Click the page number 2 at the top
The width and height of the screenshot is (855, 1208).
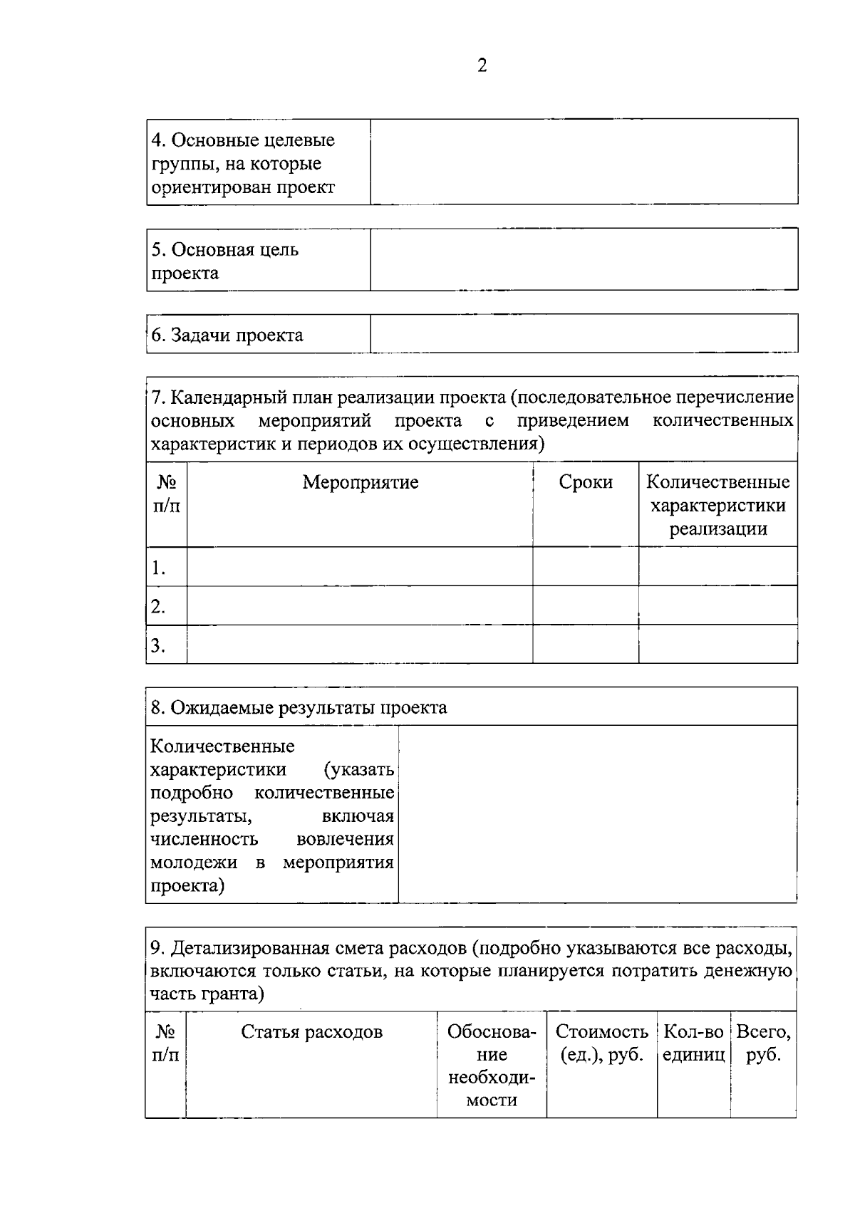tap(482, 66)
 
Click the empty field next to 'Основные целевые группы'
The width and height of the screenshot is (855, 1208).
tap(584, 162)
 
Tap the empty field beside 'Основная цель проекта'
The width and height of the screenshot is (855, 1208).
tap(584, 259)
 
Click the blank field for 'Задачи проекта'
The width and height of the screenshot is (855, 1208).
tap(584, 333)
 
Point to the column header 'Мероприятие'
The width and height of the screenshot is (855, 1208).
tap(360, 482)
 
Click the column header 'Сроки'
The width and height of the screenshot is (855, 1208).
tap(586, 482)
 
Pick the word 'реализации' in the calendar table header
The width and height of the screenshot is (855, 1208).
tap(717, 529)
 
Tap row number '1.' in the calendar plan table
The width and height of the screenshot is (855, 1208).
tap(158, 568)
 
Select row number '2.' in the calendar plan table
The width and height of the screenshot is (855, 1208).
tap(158, 607)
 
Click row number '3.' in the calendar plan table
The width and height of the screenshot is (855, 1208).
tap(158, 645)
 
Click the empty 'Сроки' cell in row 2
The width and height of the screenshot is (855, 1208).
tap(586, 605)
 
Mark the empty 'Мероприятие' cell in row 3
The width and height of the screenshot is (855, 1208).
tap(360, 645)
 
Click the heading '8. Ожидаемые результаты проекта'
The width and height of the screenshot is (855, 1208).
tap(299, 707)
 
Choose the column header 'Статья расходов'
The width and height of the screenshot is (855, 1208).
tap(311, 1032)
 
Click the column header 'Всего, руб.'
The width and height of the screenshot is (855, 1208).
tap(763, 1043)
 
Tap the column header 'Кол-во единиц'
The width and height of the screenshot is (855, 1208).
tap(693, 1043)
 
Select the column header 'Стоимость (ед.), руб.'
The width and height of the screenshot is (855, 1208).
tap(601, 1043)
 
